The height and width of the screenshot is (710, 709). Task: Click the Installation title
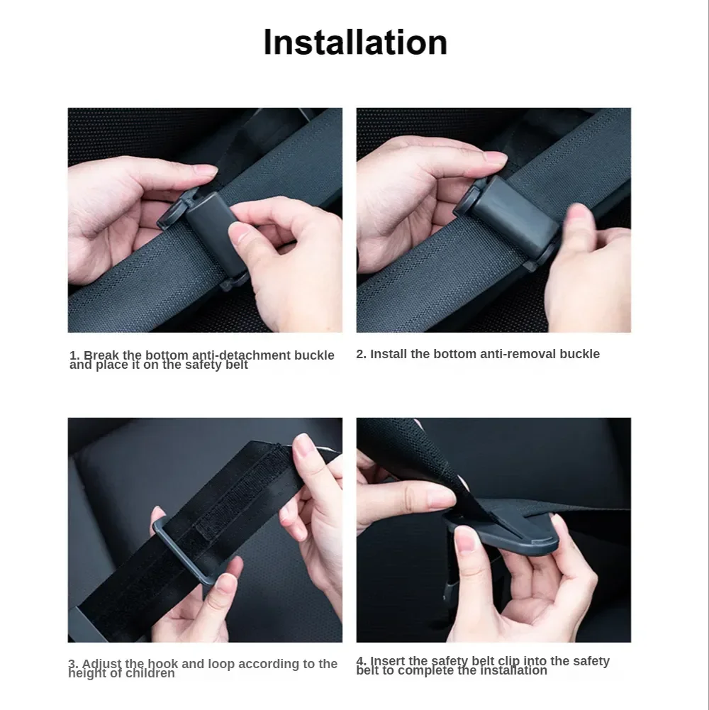[355, 42]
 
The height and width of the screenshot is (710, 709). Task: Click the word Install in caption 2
[389, 354]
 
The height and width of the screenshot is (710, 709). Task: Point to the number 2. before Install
[361, 354]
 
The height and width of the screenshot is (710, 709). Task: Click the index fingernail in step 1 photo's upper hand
[205, 171]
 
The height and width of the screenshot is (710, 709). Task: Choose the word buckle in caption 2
[579, 354]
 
